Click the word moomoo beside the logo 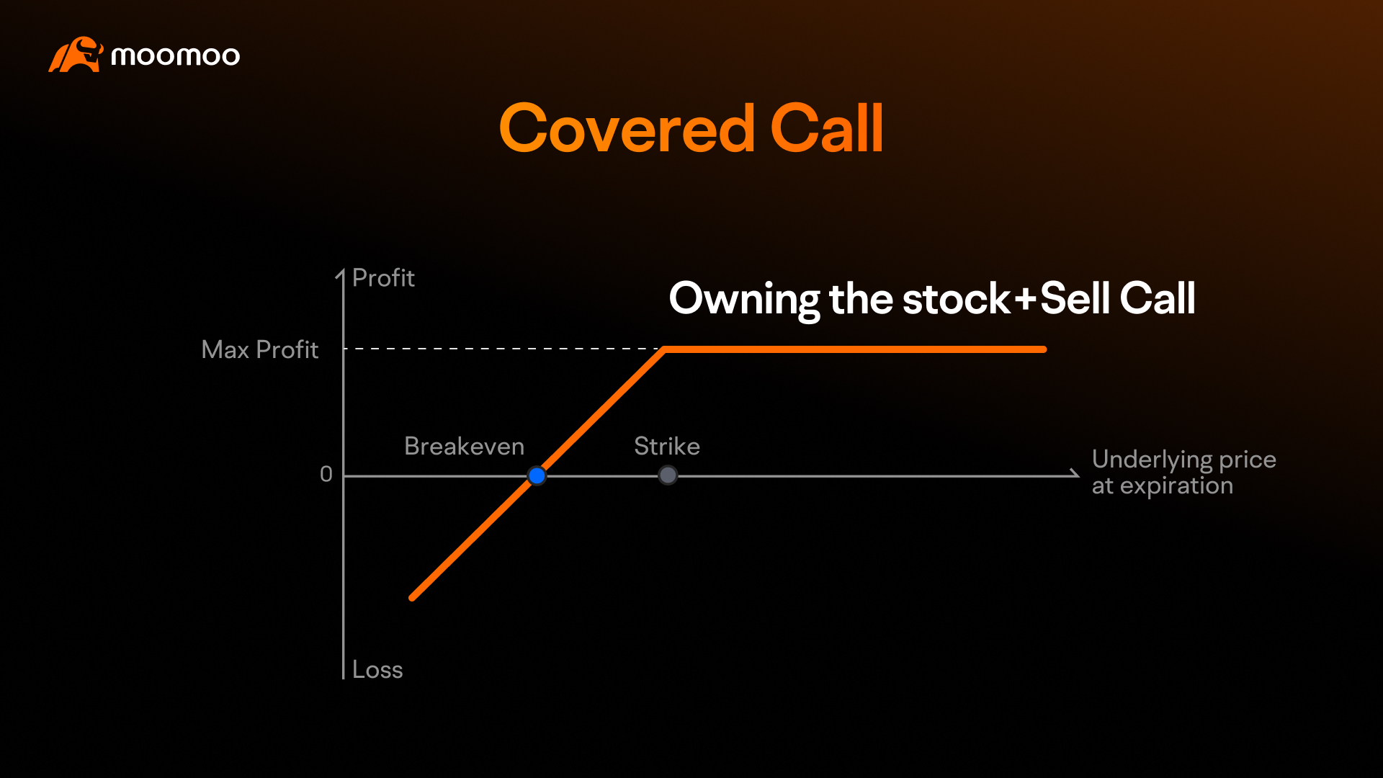click(x=175, y=56)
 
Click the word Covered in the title click(x=627, y=129)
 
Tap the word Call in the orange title click(x=826, y=129)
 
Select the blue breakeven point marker click(x=537, y=475)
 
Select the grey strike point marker click(x=668, y=475)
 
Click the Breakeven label click(x=464, y=447)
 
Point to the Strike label click(x=666, y=447)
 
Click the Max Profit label click(x=259, y=350)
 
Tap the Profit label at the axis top click(x=383, y=278)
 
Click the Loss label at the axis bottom click(x=377, y=670)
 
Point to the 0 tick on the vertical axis click(x=326, y=475)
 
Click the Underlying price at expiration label click(x=1183, y=473)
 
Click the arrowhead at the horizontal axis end click(x=1075, y=474)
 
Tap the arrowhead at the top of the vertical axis click(x=341, y=274)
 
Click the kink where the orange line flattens click(x=664, y=349)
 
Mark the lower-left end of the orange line click(x=412, y=597)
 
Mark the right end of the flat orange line click(x=1043, y=349)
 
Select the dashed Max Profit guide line click(x=504, y=349)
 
